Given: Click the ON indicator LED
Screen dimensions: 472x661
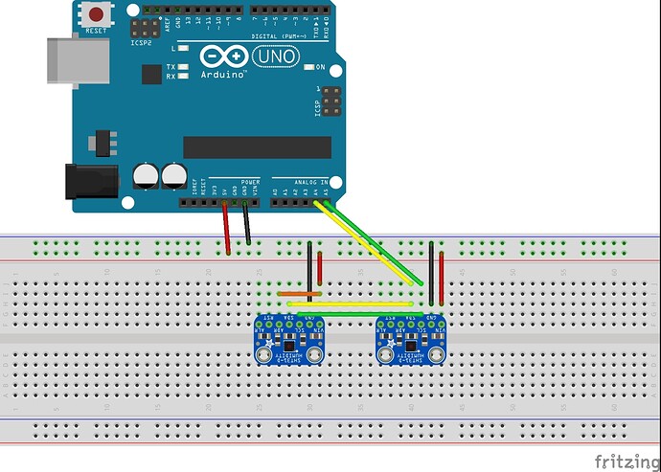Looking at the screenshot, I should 308,67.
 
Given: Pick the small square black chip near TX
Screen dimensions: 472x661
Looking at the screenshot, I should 151,75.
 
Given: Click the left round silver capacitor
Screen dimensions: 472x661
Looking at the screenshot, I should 148,175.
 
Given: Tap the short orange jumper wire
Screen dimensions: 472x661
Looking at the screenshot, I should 292,293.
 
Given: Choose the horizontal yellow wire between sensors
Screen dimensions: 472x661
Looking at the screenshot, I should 354,303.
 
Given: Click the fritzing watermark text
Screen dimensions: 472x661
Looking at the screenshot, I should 624,461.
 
